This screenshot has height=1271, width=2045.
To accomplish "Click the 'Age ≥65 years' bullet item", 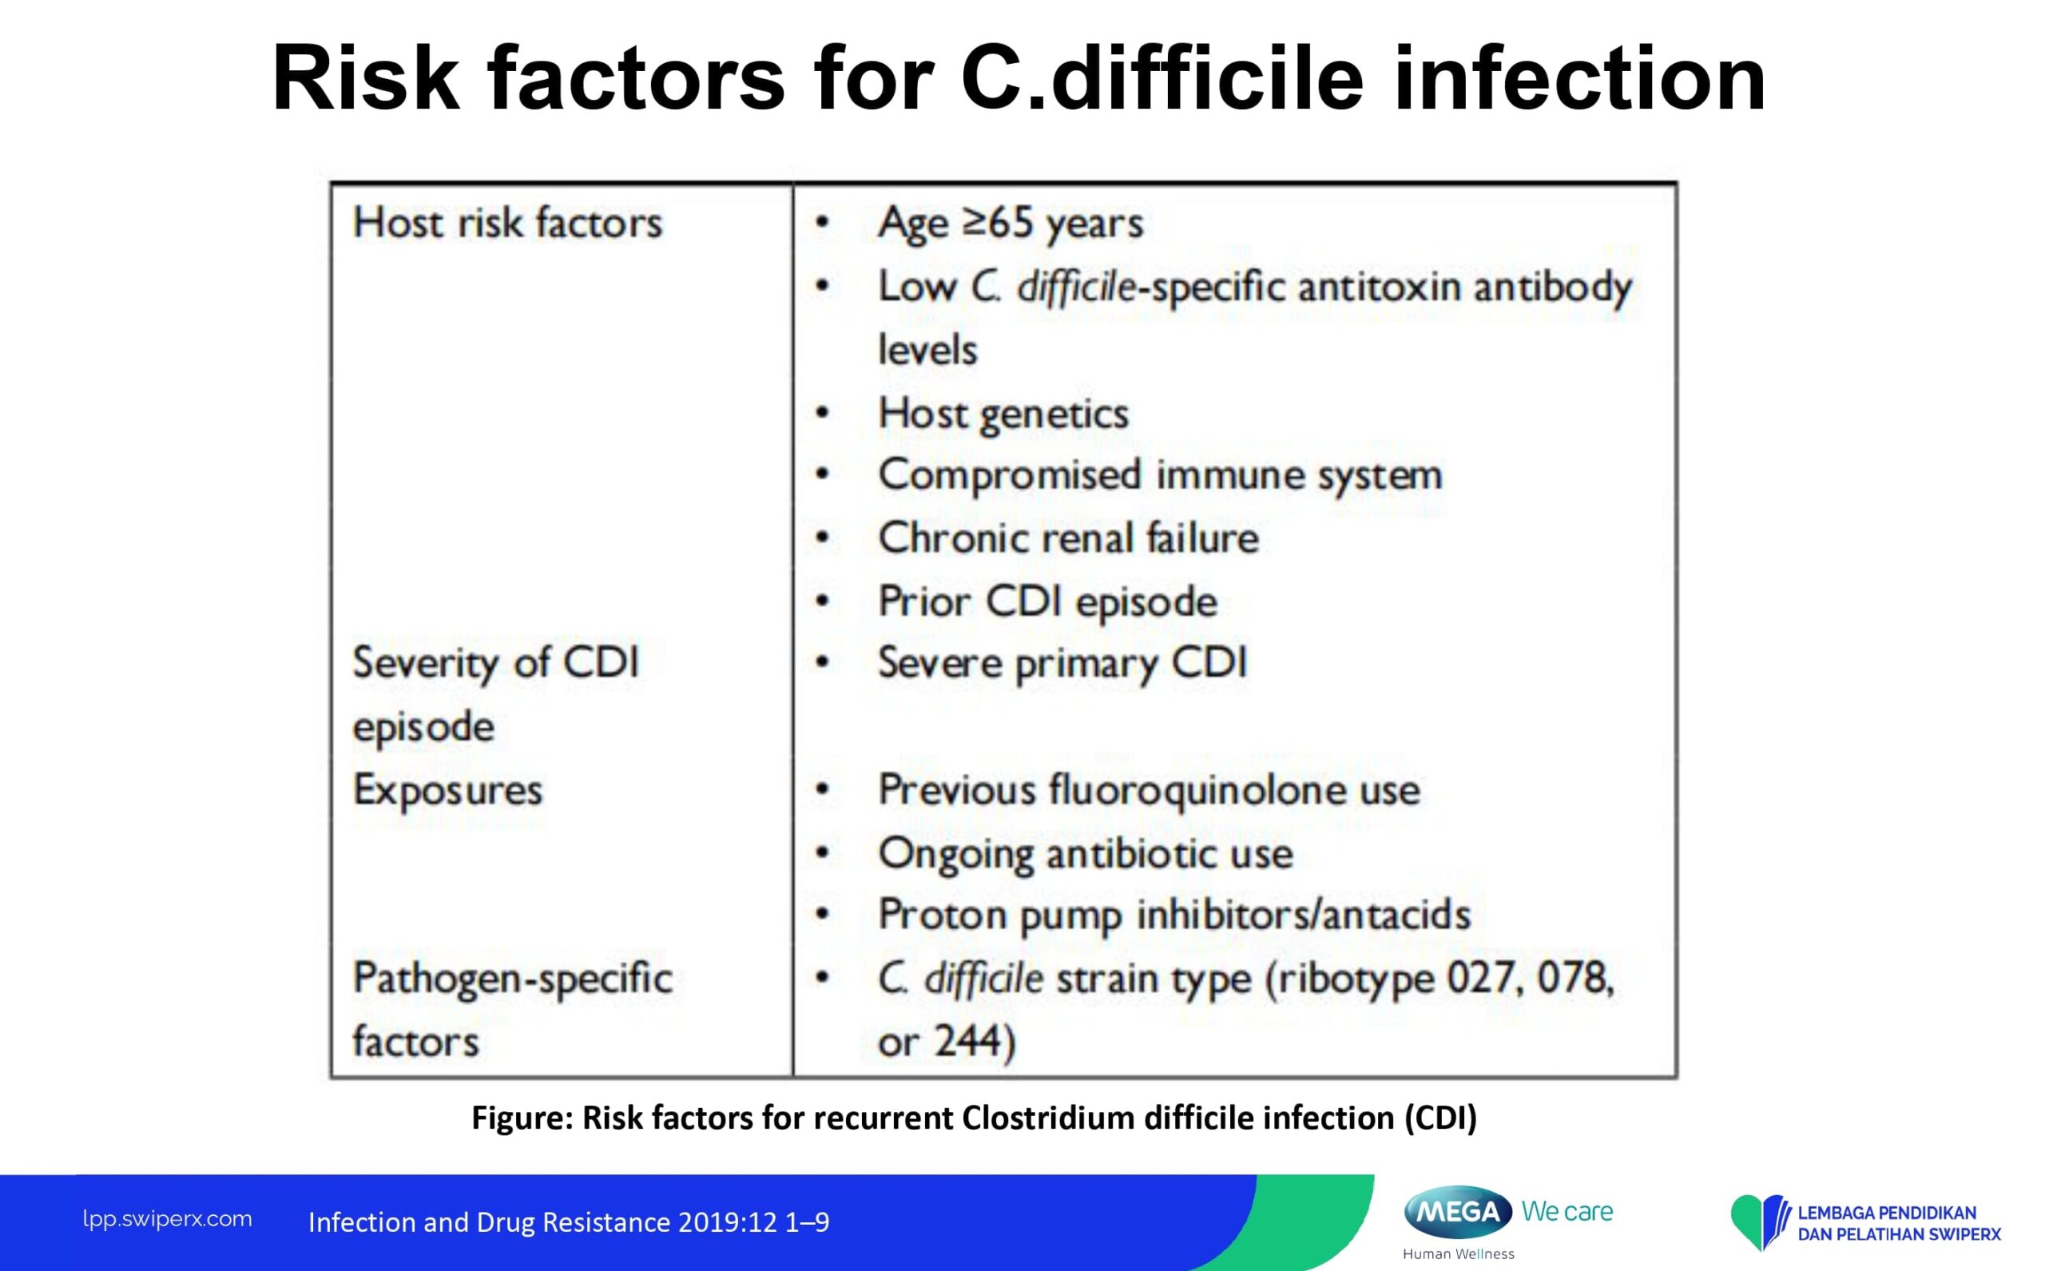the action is [x=1011, y=224].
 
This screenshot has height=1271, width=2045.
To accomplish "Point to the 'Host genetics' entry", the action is [x=1003, y=414].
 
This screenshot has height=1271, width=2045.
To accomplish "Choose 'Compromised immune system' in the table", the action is [x=1161, y=476].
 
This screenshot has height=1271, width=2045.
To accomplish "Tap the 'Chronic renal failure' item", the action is [x=1068, y=538].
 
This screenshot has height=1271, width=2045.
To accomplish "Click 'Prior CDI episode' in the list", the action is [x=1048, y=602].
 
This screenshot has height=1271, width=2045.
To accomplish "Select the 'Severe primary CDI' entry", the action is [x=1062, y=663].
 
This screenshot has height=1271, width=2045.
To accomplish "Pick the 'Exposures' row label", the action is [x=448, y=790].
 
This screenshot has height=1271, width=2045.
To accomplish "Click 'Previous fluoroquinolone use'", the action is [x=1149, y=790].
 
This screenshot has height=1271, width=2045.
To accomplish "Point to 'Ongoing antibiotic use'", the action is [x=1086, y=854].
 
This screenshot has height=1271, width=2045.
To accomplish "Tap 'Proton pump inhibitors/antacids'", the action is [x=1175, y=915].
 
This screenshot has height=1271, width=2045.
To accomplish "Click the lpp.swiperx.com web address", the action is [x=167, y=1220].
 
